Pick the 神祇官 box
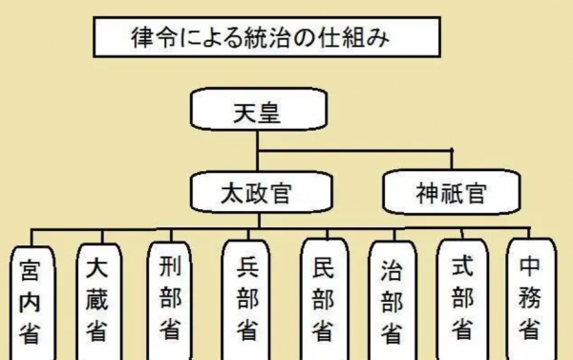point(451,195)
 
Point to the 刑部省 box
point(169,298)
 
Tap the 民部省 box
point(322,298)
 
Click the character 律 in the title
point(142,39)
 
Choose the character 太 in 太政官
point(228,195)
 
